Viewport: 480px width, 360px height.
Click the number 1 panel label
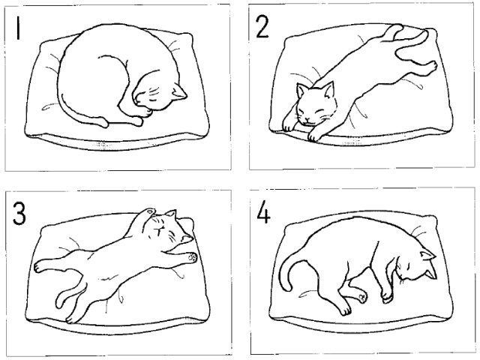[18, 28]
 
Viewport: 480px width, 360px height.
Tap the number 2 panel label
[262, 27]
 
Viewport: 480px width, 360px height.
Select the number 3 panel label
[19, 214]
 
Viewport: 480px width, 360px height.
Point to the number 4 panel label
[263, 212]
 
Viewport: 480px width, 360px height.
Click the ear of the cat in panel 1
[178, 91]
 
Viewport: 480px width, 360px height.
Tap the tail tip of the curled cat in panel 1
[103, 123]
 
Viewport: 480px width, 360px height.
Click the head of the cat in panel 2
[316, 103]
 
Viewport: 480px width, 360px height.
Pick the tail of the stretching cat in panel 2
[413, 46]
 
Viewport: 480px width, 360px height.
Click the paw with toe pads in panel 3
[193, 257]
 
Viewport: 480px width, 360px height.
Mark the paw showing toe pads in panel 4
[362, 296]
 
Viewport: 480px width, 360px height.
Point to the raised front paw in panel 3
[149, 211]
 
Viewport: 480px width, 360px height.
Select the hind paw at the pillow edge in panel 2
[432, 66]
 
